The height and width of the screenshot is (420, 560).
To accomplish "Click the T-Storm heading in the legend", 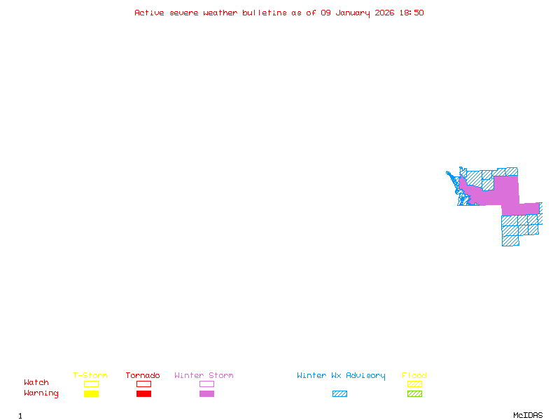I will pyautogui.click(x=90, y=376).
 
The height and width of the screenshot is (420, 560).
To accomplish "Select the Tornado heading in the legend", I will pyautogui.click(x=143, y=376).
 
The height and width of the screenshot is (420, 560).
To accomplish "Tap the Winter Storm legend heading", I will pyautogui.click(x=204, y=376).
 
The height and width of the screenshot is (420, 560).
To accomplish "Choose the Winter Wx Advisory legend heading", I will pyautogui.click(x=341, y=376).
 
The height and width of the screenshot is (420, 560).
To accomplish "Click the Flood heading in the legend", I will pyautogui.click(x=414, y=376).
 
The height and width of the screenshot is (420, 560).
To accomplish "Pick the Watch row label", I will pyautogui.click(x=36, y=383).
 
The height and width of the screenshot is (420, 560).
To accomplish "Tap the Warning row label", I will pyautogui.click(x=41, y=393).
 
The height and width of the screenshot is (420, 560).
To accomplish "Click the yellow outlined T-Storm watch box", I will pyautogui.click(x=91, y=384).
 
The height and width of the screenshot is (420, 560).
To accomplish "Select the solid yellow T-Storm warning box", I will pyautogui.click(x=91, y=394).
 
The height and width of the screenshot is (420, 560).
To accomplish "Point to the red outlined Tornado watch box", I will pyautogui.click(x=143, y=384).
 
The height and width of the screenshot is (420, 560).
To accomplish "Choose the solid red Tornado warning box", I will pyautogui.click(x=143, y=394).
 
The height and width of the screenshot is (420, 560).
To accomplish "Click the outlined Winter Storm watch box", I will pyautogui.click(x=206, y=384).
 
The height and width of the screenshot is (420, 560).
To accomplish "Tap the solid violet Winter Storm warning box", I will pyautogui.click(x=206, y=394).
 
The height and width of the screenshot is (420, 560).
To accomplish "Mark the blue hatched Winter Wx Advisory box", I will pyautogui.click(x=339, y=394).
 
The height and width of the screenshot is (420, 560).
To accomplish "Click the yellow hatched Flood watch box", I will pyautogui.click(x=414, y=384).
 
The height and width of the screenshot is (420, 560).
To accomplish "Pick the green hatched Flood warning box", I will pyautogui.click(x=414, y=394).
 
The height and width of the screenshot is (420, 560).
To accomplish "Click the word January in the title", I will pyautogui.click(x=353, y=13).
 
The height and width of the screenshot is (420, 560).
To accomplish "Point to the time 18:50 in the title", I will pyautogui.click(x=411, y=13).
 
